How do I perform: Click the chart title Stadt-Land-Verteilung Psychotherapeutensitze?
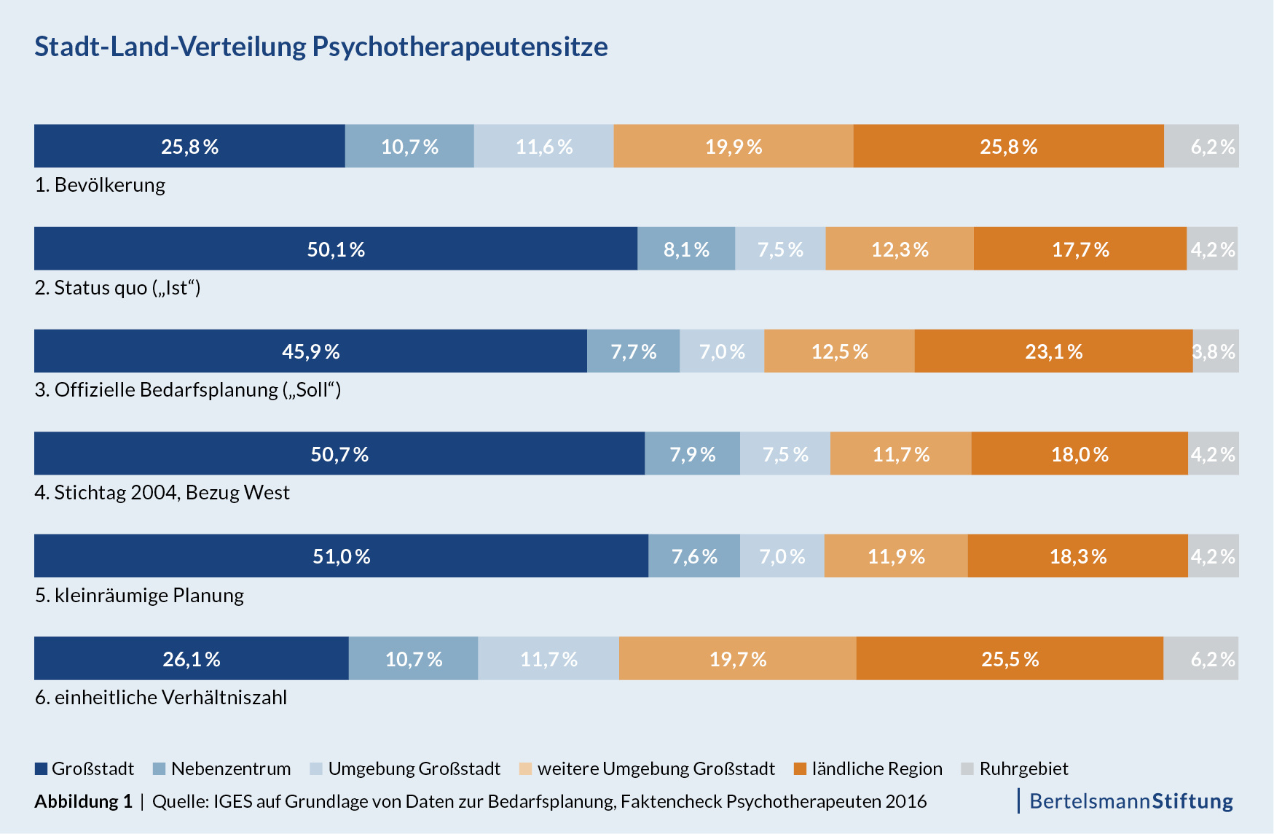[321, 47]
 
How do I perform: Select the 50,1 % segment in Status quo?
[336, 249]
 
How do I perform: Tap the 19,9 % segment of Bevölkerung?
[734, 147]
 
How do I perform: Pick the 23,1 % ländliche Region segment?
[1053, 352]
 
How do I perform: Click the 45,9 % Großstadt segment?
[311, 352]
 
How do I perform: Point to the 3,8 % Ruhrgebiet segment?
[1215, 352]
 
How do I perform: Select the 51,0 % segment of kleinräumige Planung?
[341, 557]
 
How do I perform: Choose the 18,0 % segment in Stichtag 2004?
[1080, 455]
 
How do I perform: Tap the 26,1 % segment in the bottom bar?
[192, 659]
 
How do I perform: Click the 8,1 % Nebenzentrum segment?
[686, 249]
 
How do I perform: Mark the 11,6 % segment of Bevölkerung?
[544, 147]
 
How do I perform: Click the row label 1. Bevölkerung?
[100, 185]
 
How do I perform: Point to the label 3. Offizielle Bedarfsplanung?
[188, 390]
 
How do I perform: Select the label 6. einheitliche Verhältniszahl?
[161, 698]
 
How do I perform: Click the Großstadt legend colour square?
[42, 769]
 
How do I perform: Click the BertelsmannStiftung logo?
[1131, 801]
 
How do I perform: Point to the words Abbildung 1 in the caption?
[83, 802]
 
